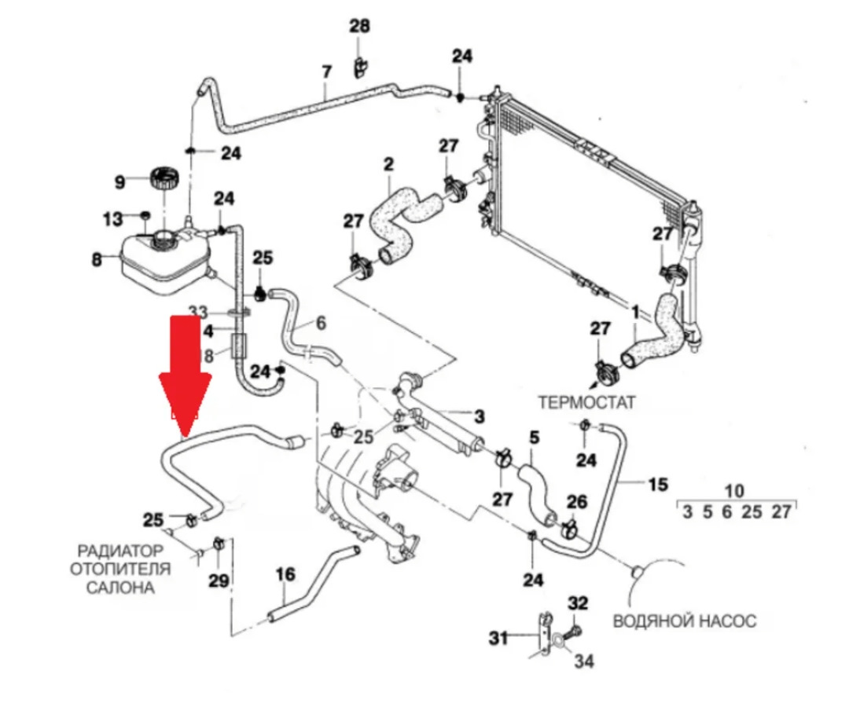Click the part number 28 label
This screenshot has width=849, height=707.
click(x=359, y=27)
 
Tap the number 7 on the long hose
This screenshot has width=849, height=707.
click(x=327, y=72)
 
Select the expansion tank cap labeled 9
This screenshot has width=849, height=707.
click(x=165, y=179)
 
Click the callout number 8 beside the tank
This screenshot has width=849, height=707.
click(x=97, y=258)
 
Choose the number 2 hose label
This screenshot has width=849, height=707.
click(x=388, y=165)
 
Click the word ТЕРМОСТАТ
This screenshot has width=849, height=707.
click(x=586, y=401)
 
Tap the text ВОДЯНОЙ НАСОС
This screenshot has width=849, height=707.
click(x=684, y=621)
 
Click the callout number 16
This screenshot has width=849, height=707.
click(x=285, y=575)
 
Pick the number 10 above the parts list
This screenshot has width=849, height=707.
click(x=734, y=492)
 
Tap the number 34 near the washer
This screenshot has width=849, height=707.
click(x=583, y=662)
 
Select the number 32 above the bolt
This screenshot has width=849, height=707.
click(x=578, y=603)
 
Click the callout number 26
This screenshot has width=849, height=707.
click(x=577, y=500)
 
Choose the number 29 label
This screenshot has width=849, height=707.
click(x=219, y=581)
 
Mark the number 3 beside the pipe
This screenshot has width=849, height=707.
click(x=480, y=416)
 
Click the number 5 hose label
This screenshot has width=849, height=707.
click(x=535, y=437)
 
